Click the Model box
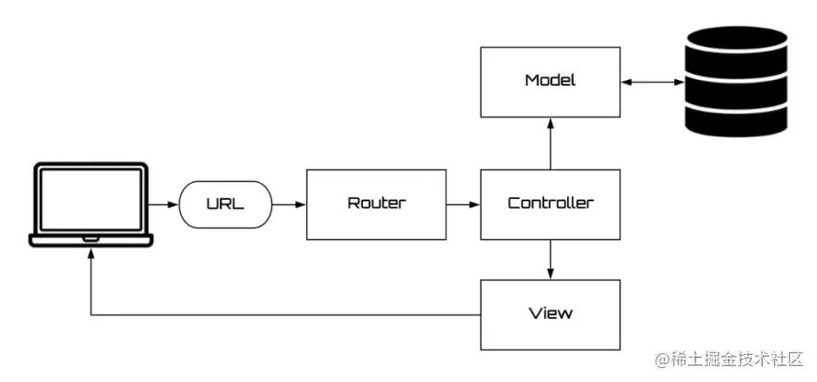[550, 82]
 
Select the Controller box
[550, 203]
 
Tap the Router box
[376, 203]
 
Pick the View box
[550, 314]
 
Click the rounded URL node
[225, 203]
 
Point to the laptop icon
[90, 204]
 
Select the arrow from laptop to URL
[164, 203]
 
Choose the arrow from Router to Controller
[463, 203]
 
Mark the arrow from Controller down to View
[551, 259]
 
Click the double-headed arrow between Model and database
[651, 83]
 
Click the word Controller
[550, 203]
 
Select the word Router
[376, 203]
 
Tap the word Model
[550, 80]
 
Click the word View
[550, 313]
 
